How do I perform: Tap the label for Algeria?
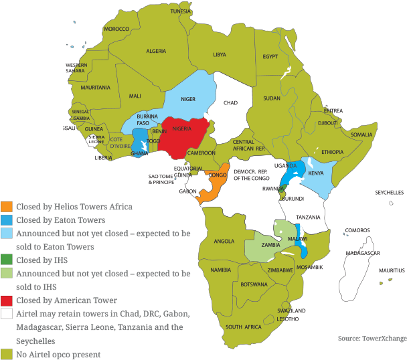tap(156, 52)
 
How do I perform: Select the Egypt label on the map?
tap(270, 57)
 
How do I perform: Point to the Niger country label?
tap(188, 99)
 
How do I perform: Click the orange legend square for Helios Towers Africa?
tap(7, 207)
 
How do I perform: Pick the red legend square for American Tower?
tap(7, 300)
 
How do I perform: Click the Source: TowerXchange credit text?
tap(372, 339)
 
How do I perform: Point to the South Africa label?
tap(243, 327)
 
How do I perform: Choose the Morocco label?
tap(116, 29)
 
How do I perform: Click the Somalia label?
tap(361, 134)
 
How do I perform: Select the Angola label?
tap(224, 241)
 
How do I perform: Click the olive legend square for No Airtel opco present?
tap(7, 354)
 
